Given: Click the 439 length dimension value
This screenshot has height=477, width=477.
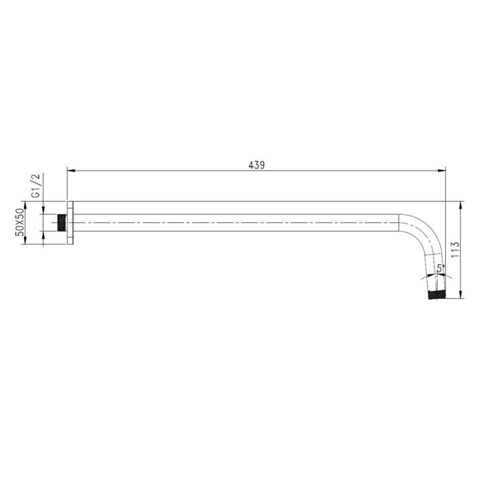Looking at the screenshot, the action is tap(256, 165).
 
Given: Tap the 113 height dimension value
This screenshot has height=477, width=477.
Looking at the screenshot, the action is tap(455, 249).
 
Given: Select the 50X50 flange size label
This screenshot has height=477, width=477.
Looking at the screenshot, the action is tap(20, 222).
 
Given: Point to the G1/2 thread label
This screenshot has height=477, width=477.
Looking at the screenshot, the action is tap(36, 187).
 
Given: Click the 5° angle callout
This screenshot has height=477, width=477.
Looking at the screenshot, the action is tap(441, 268).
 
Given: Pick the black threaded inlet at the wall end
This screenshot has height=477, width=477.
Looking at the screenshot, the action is tap(62, 222).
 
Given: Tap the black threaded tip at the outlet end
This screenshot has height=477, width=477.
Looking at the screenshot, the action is tap(436, 295).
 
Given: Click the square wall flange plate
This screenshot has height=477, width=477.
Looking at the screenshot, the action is tap(70, 222).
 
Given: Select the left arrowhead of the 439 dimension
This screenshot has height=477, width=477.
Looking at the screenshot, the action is tap(71, 171).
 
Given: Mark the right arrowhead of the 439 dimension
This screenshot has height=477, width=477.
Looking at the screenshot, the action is tap(442, 171).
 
